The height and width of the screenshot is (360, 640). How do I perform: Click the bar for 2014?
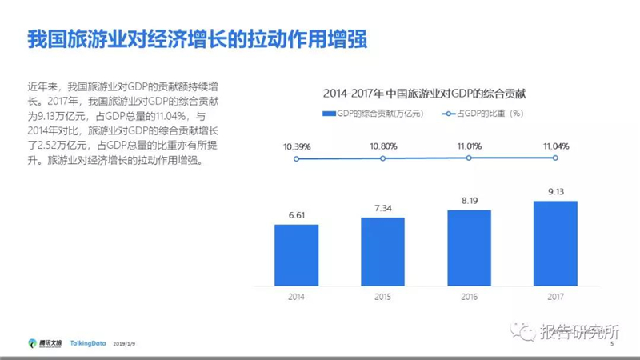click(296, 255)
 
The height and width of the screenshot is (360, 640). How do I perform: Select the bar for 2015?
click(383, 251)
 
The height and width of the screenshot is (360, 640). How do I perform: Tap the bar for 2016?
click(470, 248)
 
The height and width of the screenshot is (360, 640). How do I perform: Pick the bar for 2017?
click(555, 243)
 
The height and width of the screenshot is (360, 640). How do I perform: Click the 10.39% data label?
click(297, 146)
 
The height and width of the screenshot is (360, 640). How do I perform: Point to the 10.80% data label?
click(383, 146)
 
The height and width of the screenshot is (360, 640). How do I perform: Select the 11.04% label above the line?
click(556, 146)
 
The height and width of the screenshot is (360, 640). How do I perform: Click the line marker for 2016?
click(469, 158)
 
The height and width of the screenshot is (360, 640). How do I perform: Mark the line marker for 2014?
click(296, 158)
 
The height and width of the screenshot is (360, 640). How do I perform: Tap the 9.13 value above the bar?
click(556, 192)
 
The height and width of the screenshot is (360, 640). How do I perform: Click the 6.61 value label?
click(297, 215)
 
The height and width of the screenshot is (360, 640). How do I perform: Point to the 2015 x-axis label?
click(383, 297)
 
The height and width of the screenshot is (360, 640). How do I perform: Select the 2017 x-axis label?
click(555, 297)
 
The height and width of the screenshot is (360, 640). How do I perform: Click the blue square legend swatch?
click(329, 114)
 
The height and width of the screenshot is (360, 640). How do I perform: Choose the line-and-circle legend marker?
click(448, 114)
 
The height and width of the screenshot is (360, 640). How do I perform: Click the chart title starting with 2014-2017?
click(425, 94)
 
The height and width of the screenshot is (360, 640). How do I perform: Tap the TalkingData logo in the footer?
click(88, 343)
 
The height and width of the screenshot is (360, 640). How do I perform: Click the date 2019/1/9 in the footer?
click(124, 344)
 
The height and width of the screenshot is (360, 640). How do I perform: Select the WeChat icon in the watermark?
click(523, 331)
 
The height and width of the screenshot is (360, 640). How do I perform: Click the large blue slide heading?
click(197, 39)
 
